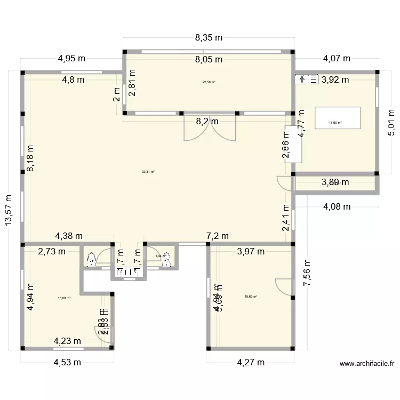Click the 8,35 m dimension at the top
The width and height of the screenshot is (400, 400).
point(209,38)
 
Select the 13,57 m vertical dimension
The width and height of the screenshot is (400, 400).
point(10,210)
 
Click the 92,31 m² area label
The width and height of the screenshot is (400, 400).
point(148,172)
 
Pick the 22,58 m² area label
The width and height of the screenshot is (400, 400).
point(209,82)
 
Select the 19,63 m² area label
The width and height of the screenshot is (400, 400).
point(251,297)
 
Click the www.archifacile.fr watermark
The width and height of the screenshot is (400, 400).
point(367,364)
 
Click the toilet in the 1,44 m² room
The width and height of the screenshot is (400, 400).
point(167,259)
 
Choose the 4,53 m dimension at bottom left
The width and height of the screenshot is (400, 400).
point(67,364)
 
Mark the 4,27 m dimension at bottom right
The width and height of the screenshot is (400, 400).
point(251,363)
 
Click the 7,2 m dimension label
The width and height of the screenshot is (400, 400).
point(217,236)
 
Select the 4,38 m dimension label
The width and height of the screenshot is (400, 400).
point(69,236)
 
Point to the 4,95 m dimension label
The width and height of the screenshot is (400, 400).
point(72,59)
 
